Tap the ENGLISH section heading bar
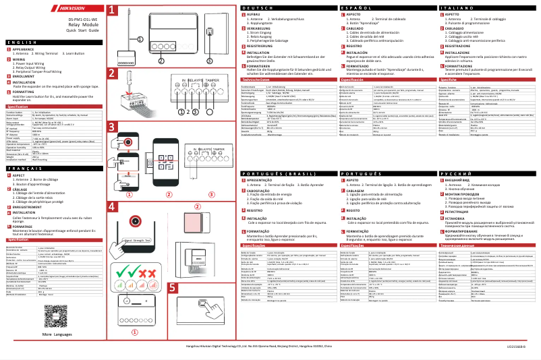(53, 42)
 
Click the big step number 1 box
(113, 12)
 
